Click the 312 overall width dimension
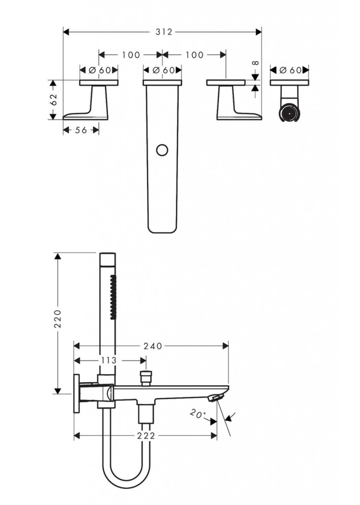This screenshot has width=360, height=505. point(164,32)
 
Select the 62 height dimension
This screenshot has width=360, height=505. point(53,99)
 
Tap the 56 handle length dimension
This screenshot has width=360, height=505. point(81,130)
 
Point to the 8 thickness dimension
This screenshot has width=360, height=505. point(255,63)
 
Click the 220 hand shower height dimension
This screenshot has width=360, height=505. point(58,319)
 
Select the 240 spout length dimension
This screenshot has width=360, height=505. point(153,346)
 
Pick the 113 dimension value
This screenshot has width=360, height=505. point(108,360)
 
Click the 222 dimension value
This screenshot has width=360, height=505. point(146,436)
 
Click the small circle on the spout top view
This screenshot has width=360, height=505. point(162,150)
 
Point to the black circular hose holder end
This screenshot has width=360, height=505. point(289,113)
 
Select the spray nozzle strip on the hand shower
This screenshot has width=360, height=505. point(113,297)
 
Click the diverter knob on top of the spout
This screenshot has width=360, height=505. point(146,378)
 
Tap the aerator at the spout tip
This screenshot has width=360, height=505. point(216,398)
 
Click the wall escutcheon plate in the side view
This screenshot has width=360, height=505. point(76,393)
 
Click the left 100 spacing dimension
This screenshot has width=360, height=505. point(131,55)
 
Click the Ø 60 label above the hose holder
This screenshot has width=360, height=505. point(289,70)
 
